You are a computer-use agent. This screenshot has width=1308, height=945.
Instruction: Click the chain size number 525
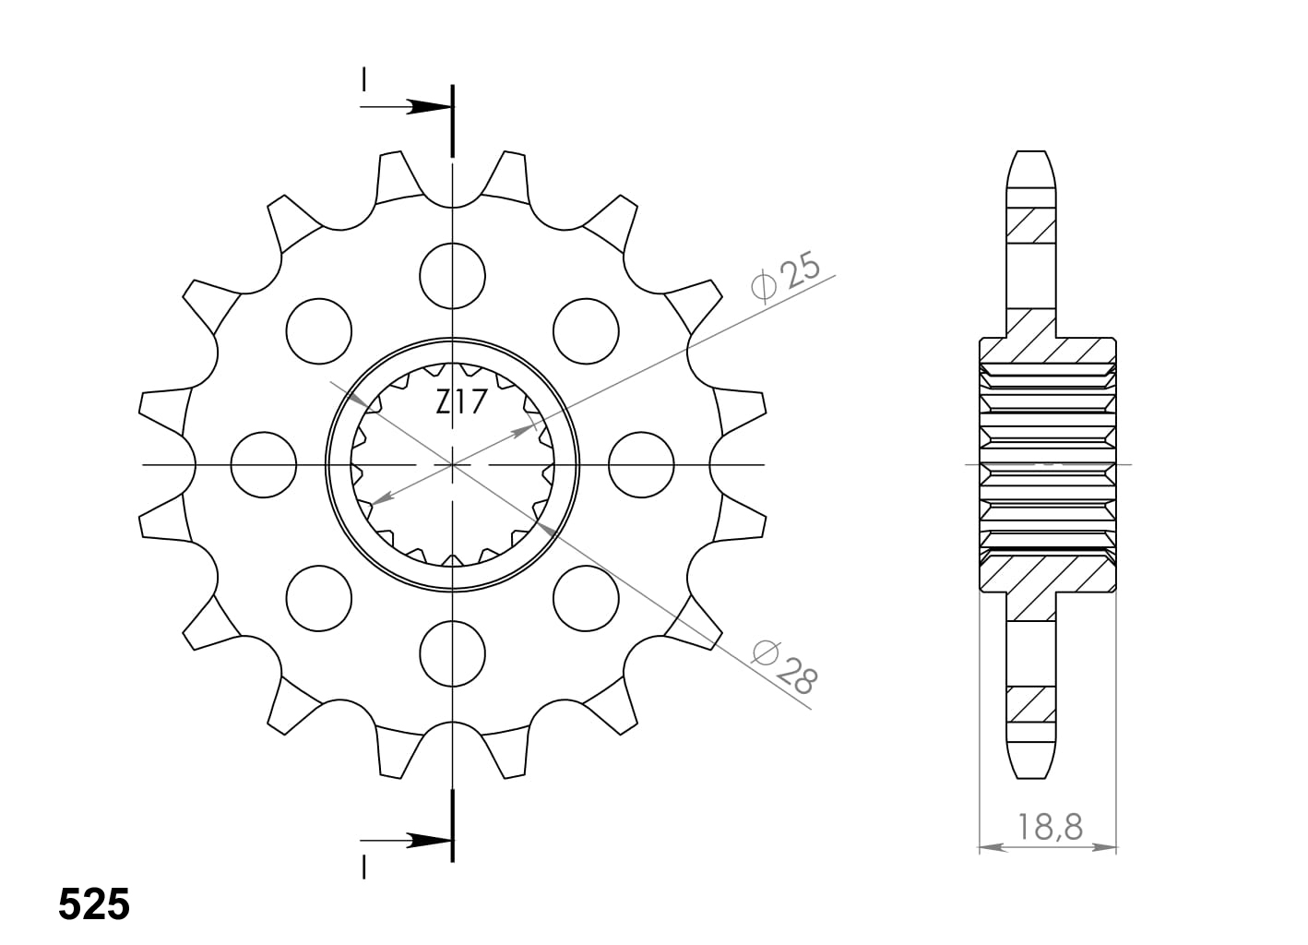(93, 904)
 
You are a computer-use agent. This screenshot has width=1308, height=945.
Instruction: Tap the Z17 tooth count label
(460, 403)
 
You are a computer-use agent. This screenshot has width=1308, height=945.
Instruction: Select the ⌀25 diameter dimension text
(785, 278)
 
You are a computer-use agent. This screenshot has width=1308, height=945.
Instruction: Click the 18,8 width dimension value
(1051, 826)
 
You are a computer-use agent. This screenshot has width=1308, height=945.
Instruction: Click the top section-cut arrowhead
(430, 107)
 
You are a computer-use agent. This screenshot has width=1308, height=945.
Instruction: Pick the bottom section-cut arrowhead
(430, 841)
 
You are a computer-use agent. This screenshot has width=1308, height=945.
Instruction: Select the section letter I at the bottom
(364, 867)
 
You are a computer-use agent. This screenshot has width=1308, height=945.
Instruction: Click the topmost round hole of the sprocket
(452, 275)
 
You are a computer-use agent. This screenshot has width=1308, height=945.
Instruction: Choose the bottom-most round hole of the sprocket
(452, 653)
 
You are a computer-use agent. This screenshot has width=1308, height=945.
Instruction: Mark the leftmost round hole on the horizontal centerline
(264, 464)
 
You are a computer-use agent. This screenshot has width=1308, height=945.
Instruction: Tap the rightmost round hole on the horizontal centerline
(641, 464)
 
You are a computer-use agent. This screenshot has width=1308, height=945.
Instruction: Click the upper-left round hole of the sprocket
(319, 330)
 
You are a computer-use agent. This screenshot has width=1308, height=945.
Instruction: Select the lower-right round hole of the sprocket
(586, 598)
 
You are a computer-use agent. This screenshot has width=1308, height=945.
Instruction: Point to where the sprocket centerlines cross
(452, 464)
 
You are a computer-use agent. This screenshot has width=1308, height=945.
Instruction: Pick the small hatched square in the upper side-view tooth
(1031, 225)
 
